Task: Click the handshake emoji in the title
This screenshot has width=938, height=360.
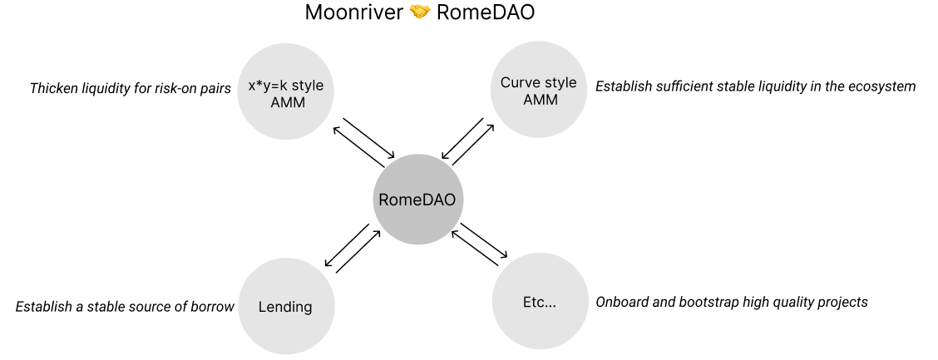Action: pyautogui.click(x=419, y=13)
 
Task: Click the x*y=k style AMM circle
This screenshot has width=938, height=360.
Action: pyautogui.click(x=286, y=92)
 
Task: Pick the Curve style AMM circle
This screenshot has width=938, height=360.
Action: pyautogui.click(x=538, y=91)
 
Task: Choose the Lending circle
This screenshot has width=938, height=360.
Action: pyautogui.click(x=285, y=307)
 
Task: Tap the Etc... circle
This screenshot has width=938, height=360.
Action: pyautogui.click(x=539, y=301)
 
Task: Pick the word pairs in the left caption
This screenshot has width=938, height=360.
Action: pyautogui.click(x=214, y=88)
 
